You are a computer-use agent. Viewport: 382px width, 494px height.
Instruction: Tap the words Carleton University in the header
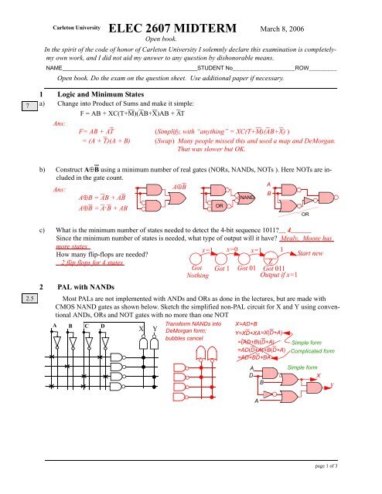[x=70, y=26]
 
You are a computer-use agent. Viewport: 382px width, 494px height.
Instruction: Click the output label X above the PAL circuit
[x=142, y=329]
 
